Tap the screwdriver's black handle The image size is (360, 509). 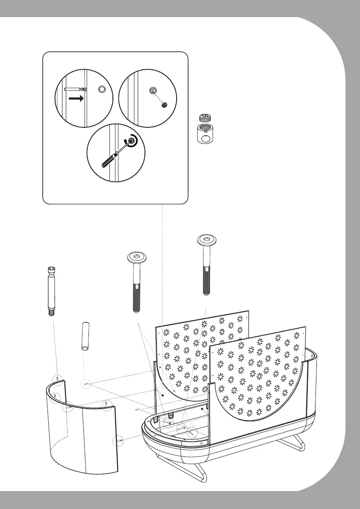pyautogui.click(x=108, y=159)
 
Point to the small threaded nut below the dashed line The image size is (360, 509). pyautogui.click(x=164, y=106)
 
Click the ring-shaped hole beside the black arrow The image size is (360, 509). pyautogui.click(x=102, y=89)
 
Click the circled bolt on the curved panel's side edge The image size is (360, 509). pyautogui.click(x=120, y=440)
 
